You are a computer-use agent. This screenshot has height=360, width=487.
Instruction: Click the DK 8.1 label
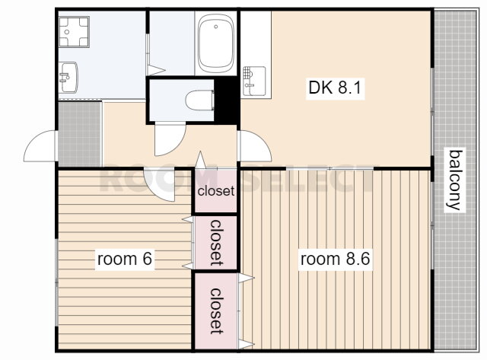(335, 88)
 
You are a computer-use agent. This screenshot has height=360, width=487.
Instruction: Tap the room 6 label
(125, 259)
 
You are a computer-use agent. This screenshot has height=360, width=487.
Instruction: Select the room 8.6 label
(335, 259)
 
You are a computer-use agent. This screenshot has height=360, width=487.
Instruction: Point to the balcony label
(455, 180)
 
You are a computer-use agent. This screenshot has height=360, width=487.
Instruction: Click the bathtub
(216, 43)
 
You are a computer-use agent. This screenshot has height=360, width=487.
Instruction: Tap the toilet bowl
(200, 100)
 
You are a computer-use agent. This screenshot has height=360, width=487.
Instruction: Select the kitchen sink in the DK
(254, 81)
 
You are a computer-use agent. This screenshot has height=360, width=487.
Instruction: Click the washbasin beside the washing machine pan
(68, 78)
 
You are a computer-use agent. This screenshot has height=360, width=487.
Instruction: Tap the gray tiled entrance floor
(80, 134)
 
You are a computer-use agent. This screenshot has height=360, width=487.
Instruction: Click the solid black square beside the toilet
(227, 100)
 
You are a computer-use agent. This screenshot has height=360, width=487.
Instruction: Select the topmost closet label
(216, 191)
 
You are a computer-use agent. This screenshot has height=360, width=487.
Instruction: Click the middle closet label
(216, 243)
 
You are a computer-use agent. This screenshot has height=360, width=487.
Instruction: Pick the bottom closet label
(216, 311)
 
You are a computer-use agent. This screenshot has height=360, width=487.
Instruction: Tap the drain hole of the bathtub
(216, 27)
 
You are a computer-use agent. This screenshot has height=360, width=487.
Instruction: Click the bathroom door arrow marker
(156, 70)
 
